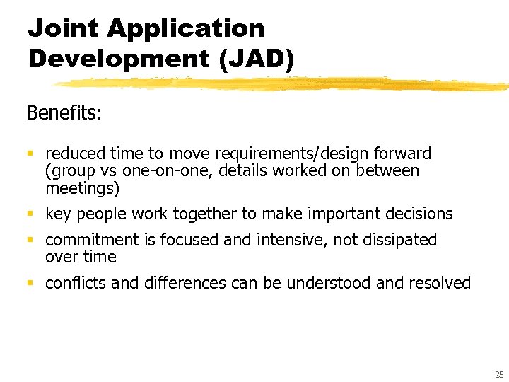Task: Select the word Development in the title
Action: point(119,58)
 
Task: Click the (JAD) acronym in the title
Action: point(255,58)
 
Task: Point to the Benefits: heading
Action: point(64,113)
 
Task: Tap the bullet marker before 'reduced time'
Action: point(30,154)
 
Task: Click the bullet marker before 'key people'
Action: point(30,214)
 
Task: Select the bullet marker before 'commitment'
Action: point(30,241)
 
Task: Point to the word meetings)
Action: point(83,188)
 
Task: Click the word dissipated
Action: point(400,240)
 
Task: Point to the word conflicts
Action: point(76,284)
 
